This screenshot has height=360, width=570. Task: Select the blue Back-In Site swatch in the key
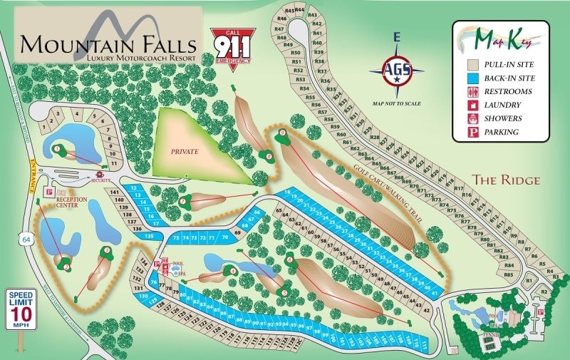[473, 78]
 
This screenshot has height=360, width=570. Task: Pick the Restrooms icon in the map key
[473, 92]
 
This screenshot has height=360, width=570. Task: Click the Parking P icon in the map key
[473, 132]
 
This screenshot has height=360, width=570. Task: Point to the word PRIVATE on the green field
[184, 152]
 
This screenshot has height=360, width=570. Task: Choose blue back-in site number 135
[149, 235]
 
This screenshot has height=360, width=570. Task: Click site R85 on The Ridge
[508, 274]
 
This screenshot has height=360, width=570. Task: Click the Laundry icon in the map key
[473, 106]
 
